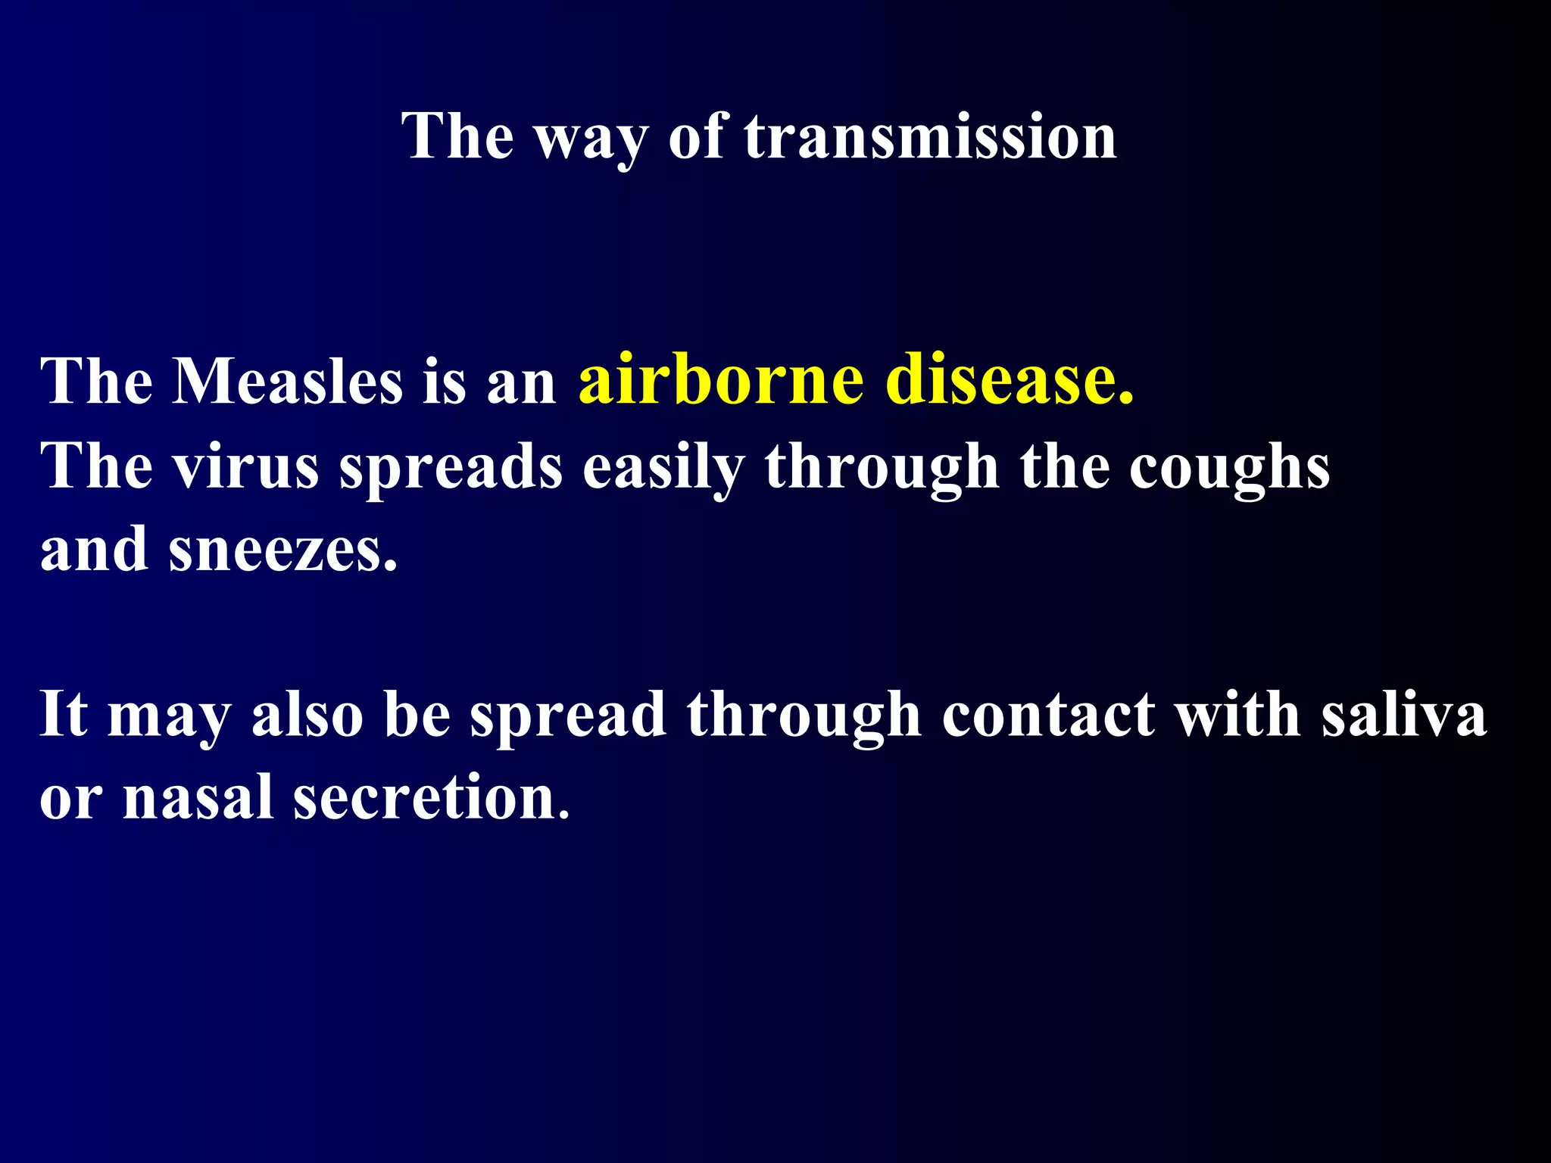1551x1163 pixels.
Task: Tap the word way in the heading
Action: pyautogui.click(x=591, y=140)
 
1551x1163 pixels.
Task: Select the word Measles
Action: pyautogui.click(x=287, y=382)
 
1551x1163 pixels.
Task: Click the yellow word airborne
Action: pyautogui.click(x=720, y=379)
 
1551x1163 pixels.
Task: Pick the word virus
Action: pyautogui.click(x=245, y=467)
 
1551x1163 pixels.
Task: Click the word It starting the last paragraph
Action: pyautogui.click(x=64, y=713)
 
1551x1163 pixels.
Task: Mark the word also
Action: pyautogui.click(x=307, y=715)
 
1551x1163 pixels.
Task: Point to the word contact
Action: pyautogui.click(x=1048, y=715)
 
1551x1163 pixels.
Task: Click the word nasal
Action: pyautogui.click(x=198, y=798)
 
